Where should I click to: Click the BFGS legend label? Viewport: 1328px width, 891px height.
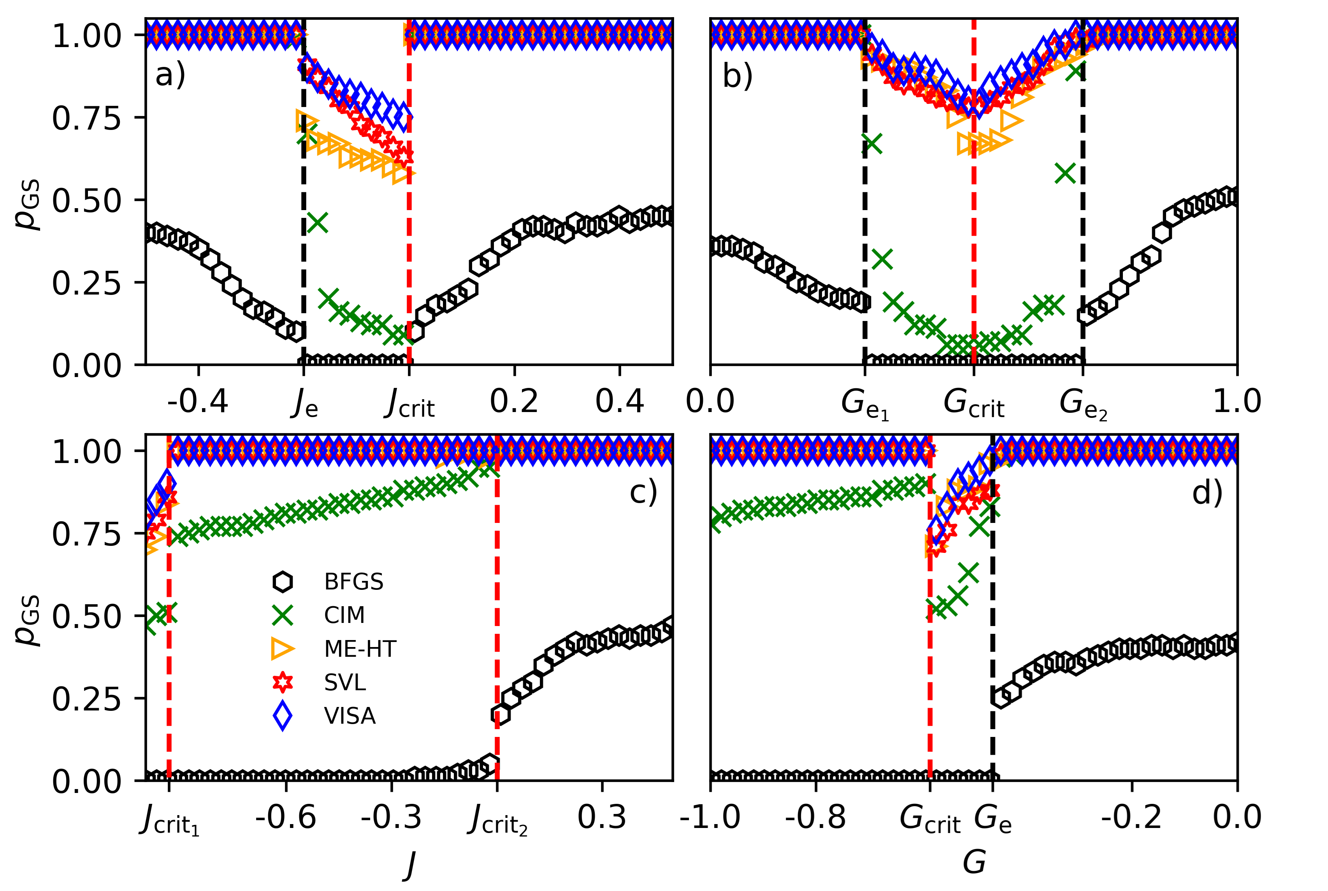pyautogui.click(x=354, y=582)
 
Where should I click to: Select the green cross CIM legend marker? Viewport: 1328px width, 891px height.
pyautogui.click(x=283, y=615)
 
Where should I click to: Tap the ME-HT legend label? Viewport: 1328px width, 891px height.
pyautogui.click(x=360, y=648)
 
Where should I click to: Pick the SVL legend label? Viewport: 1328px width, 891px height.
pyautogui.click(x=345, y=682)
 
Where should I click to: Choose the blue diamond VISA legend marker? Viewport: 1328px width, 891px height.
pyautogui.click(x=283, y=716)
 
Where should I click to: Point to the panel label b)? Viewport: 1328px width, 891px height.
pyautogui.click(x=737, y=76)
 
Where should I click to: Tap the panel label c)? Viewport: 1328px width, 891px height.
pyautogui.click(x=643, y=492)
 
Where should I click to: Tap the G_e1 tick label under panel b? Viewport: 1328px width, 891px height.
pyautogui.click(x=865, y=405)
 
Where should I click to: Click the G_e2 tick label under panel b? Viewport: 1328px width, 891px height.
pyautogui.click(x=1083, y=405)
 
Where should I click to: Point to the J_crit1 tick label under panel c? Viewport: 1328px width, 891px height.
pyautogui.click(x=169, y=821)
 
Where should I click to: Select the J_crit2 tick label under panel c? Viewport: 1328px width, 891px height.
pyautogui.click(x=497, y=821)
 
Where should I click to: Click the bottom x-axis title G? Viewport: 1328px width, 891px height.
pyautogui.click(x=974, y=862)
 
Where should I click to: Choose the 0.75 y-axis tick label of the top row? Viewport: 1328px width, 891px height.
pyautogui.click(x=86, y=118)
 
